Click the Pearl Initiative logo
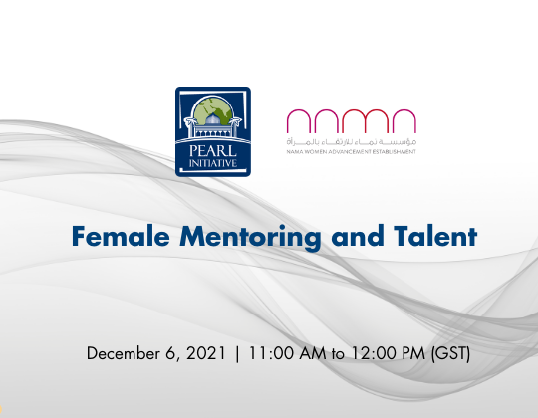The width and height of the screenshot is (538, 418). [212, 131]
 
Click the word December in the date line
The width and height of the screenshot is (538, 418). [123, 353]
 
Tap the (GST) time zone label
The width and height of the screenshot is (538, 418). [451, 353]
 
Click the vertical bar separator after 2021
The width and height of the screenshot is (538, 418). [236, 353]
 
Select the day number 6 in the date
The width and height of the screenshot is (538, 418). [166, 353]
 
